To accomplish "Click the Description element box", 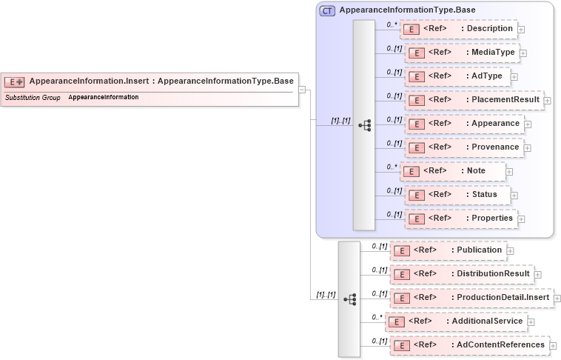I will click(458, 29).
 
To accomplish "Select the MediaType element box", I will click(461, 53).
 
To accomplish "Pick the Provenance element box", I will click(463, 147).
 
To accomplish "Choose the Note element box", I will click(452, 171).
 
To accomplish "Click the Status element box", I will click(457, 195).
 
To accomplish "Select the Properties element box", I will click(460, 219).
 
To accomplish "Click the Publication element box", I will click(449, 250).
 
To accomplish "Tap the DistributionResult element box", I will click(463, 274).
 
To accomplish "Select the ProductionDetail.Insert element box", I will click(471, 298).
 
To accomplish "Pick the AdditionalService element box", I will click(456, 321).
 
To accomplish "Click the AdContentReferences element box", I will click(469, 345).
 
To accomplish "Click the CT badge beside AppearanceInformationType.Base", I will click(326, 10).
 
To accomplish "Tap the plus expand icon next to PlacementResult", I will click(547, 100).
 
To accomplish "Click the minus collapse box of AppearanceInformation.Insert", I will click(302, 90).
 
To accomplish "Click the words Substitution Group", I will click(33, 98).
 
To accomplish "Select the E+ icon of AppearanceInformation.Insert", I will click(15, 81).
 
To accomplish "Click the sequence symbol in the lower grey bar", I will click(349, 299).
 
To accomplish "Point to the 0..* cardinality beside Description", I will click(392, 24).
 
